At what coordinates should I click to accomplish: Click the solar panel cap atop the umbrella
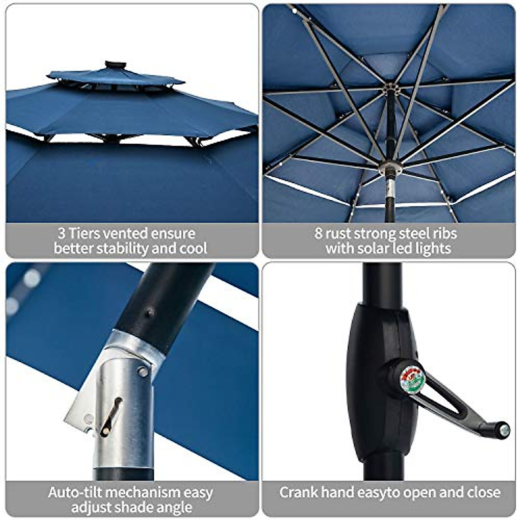tap(115, 65)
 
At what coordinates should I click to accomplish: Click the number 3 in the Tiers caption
tap(62, 234)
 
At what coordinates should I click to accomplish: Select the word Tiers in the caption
tap(84, 234)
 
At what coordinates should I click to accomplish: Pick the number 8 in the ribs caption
tap(318, 234)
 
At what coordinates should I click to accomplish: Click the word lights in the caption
tap(433, 249)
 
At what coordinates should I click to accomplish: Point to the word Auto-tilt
tap(75, 492)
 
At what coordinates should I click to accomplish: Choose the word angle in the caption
tap(172, 507)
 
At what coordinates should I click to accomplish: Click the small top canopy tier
tap(115, 78)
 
